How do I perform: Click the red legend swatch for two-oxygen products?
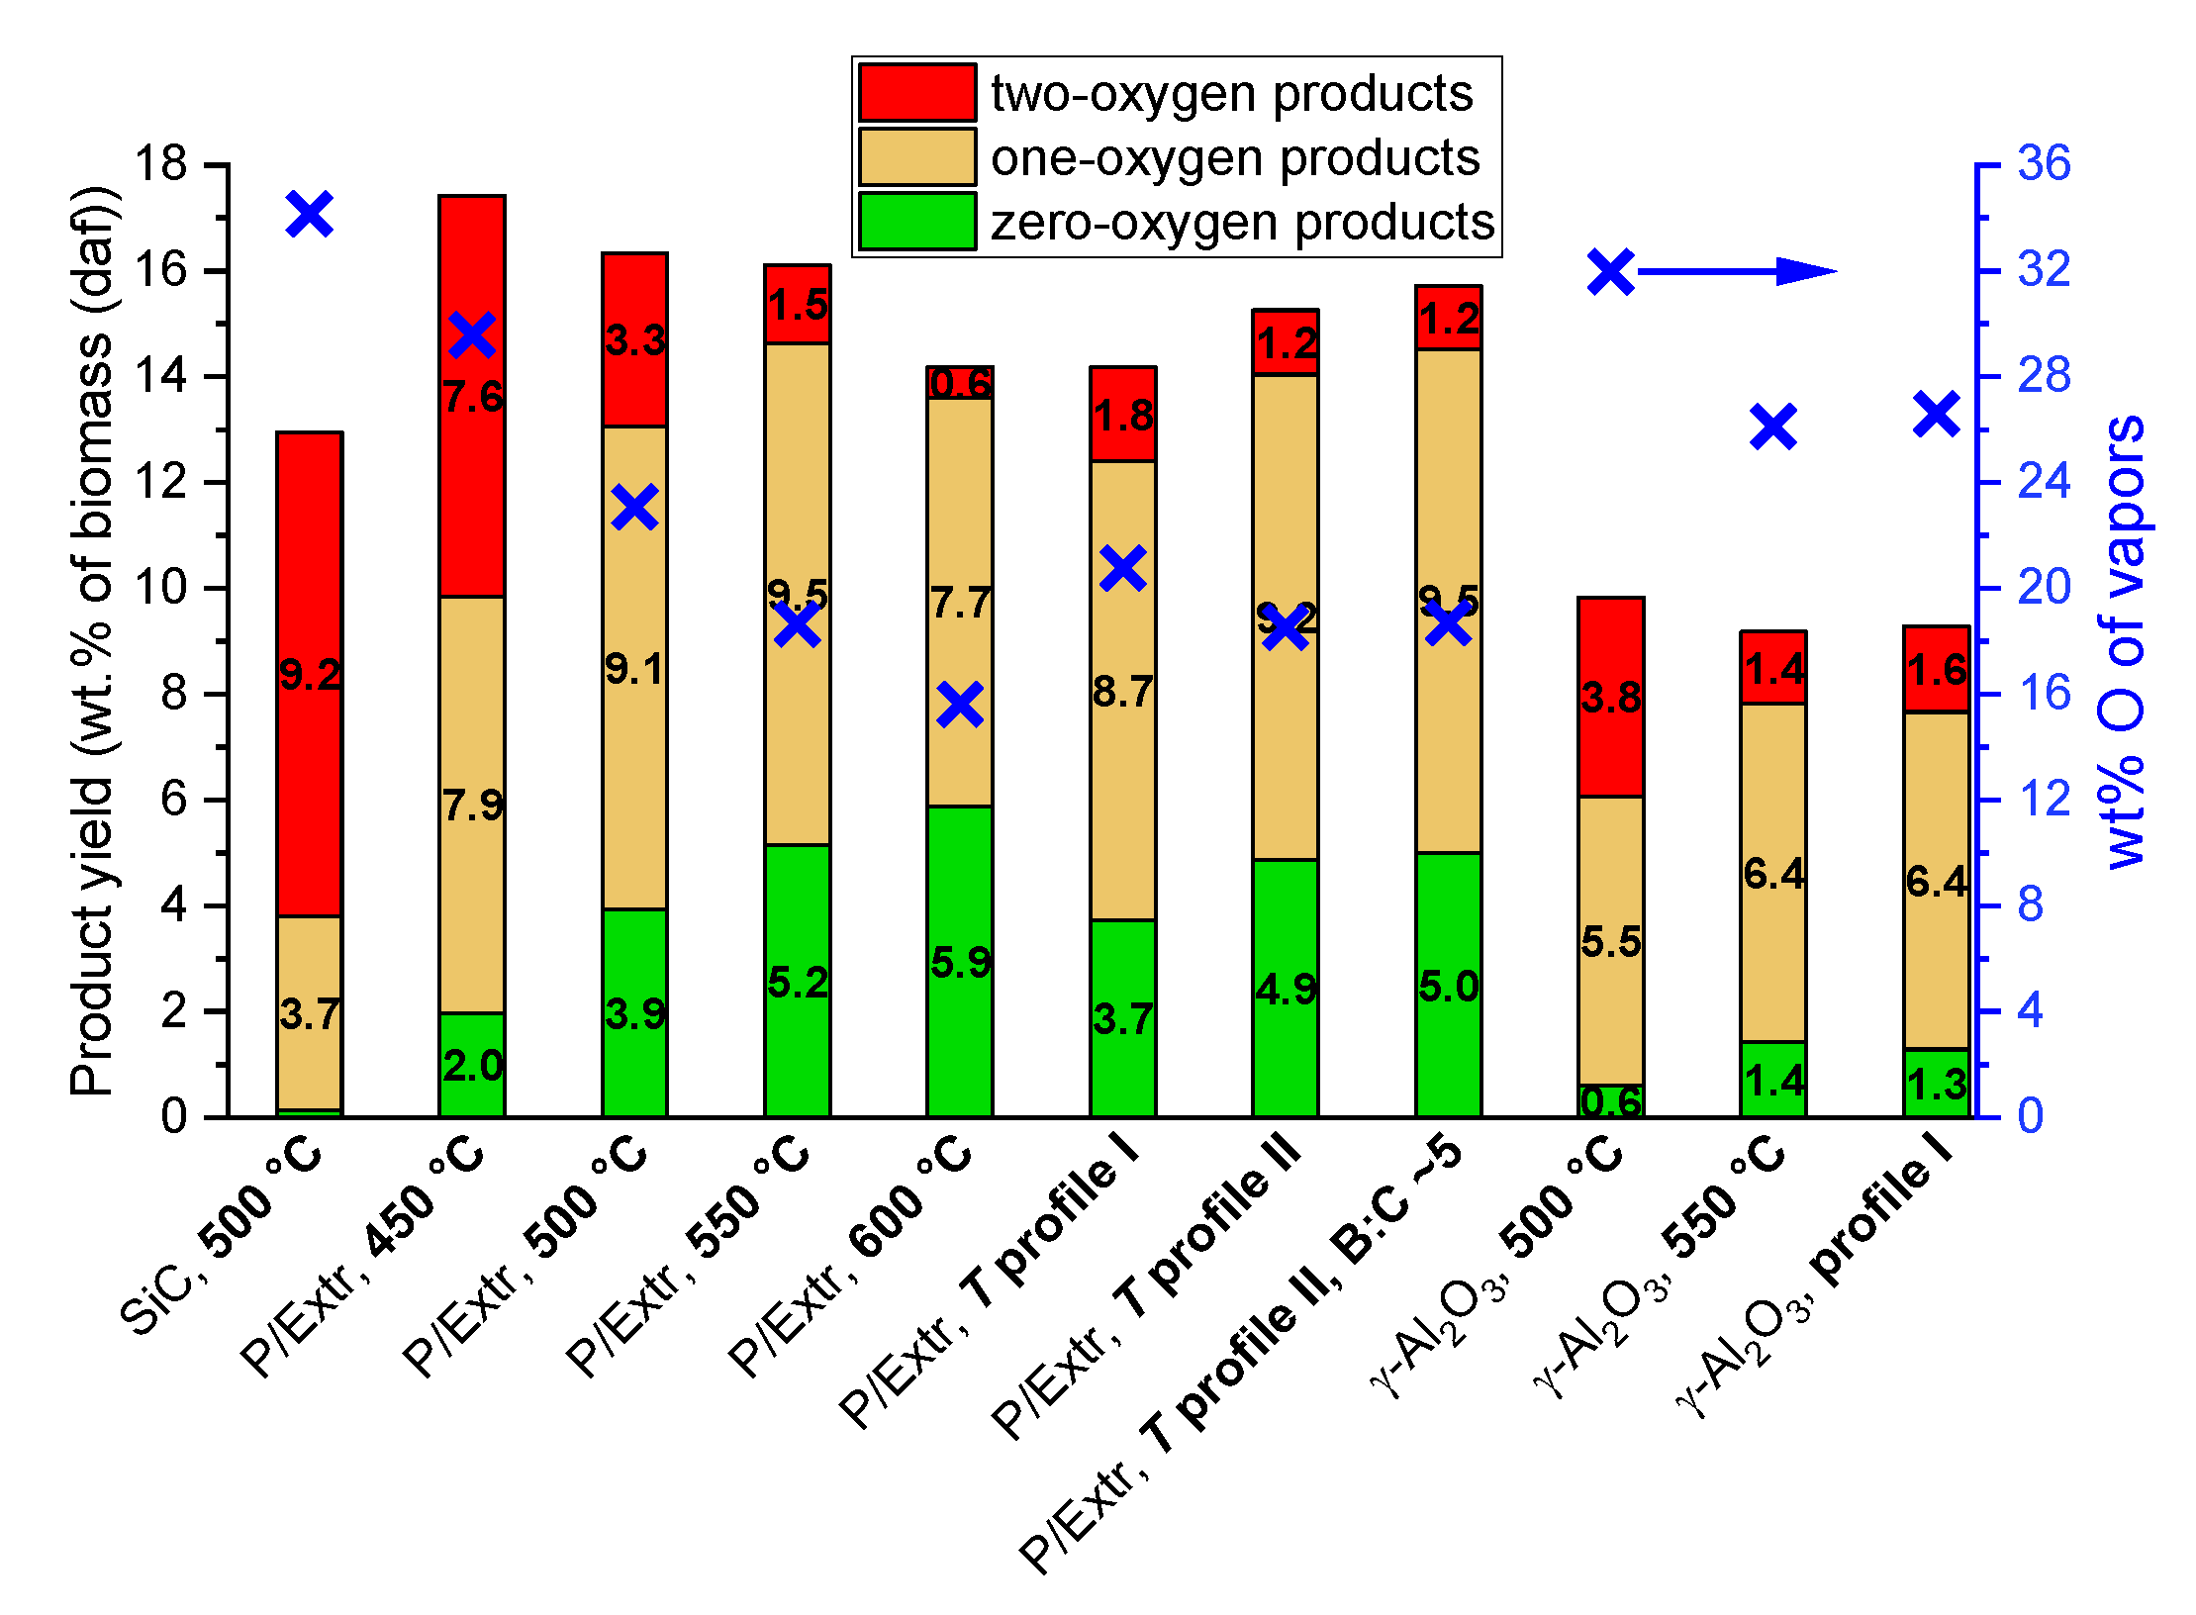pos(916,93)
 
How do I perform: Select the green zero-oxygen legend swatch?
pos(916,221)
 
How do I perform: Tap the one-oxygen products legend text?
pos(1234,157)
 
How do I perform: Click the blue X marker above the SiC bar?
pos(310,214)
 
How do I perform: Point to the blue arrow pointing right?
pos(1738,270)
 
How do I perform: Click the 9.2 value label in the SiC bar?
pos(310,675)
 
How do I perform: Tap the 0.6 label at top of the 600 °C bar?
pos(960,383)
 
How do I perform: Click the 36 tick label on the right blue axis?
pos(2043,163)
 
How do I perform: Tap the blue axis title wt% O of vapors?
pos(2120,643)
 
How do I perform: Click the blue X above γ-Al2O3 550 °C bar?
pos(1772,427)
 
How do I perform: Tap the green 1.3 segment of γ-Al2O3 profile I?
pos(1936,1085)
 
